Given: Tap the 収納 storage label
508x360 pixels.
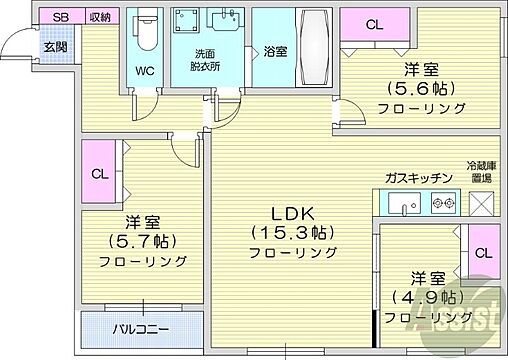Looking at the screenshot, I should click(99, 17).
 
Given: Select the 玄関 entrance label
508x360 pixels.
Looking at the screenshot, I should click(55, 45).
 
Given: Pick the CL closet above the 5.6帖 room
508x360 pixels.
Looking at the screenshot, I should click(373, 25).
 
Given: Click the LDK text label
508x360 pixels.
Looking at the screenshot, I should click(295, 213).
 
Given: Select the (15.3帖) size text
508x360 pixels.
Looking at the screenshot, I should click(295, 233).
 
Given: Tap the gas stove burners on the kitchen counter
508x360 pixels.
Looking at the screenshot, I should click(441, 204).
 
